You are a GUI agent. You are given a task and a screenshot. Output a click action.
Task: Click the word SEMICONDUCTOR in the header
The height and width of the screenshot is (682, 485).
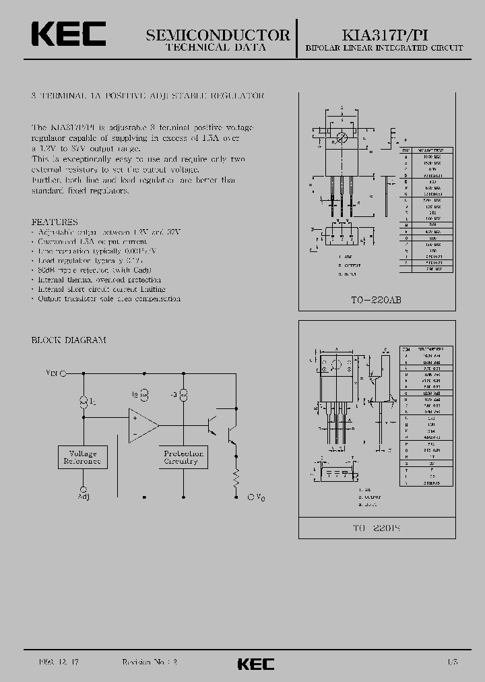[218, 36]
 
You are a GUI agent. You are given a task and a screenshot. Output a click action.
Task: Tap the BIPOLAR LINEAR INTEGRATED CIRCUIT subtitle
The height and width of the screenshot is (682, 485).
[384, 49]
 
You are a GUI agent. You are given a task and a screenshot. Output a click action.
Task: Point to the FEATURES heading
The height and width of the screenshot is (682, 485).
[55, 222]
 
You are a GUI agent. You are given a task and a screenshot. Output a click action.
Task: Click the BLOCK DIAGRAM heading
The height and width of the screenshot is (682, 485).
[69, 340]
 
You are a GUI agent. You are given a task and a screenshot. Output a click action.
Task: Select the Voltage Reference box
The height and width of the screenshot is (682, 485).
[81, 458]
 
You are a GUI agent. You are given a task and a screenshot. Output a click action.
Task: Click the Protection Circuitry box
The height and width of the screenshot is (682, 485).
[183, 458]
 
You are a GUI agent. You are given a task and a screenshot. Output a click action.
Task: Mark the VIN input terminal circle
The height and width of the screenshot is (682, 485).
[63, 373]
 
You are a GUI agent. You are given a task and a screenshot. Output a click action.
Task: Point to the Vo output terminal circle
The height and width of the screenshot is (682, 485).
[251, 497]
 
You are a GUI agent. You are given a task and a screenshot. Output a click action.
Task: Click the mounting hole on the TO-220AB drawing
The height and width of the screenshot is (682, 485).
[342, 138]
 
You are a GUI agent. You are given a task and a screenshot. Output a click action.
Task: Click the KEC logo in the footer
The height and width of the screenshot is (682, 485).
[256, 664]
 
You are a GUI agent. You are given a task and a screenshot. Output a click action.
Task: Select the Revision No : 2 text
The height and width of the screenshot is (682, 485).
[149, 663]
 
